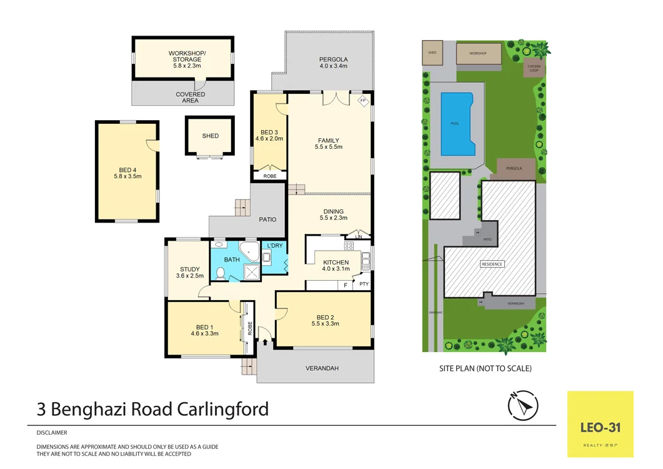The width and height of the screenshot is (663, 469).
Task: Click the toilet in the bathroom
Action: pos(221,273)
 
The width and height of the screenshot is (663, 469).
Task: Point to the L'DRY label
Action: pos(275,246)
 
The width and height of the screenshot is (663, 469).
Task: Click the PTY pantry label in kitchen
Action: pos(364,284)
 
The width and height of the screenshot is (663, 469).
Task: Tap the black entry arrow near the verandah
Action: pos(266,342)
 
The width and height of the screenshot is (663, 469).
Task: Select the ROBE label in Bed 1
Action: pos(249,328)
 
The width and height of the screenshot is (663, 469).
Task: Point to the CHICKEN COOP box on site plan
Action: pos(534,68)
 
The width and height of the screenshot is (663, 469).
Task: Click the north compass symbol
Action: pos(523,406)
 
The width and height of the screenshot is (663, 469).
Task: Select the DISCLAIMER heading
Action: pos(52,433)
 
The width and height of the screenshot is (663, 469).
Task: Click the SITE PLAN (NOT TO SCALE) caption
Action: pos(485,368)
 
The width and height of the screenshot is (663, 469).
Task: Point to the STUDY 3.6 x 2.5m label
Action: pos(190,273)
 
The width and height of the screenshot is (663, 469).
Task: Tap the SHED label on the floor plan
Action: pos(211,136)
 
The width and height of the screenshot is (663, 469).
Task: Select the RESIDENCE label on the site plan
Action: pos(492,264)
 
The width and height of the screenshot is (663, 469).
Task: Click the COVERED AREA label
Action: pos(190,97)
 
